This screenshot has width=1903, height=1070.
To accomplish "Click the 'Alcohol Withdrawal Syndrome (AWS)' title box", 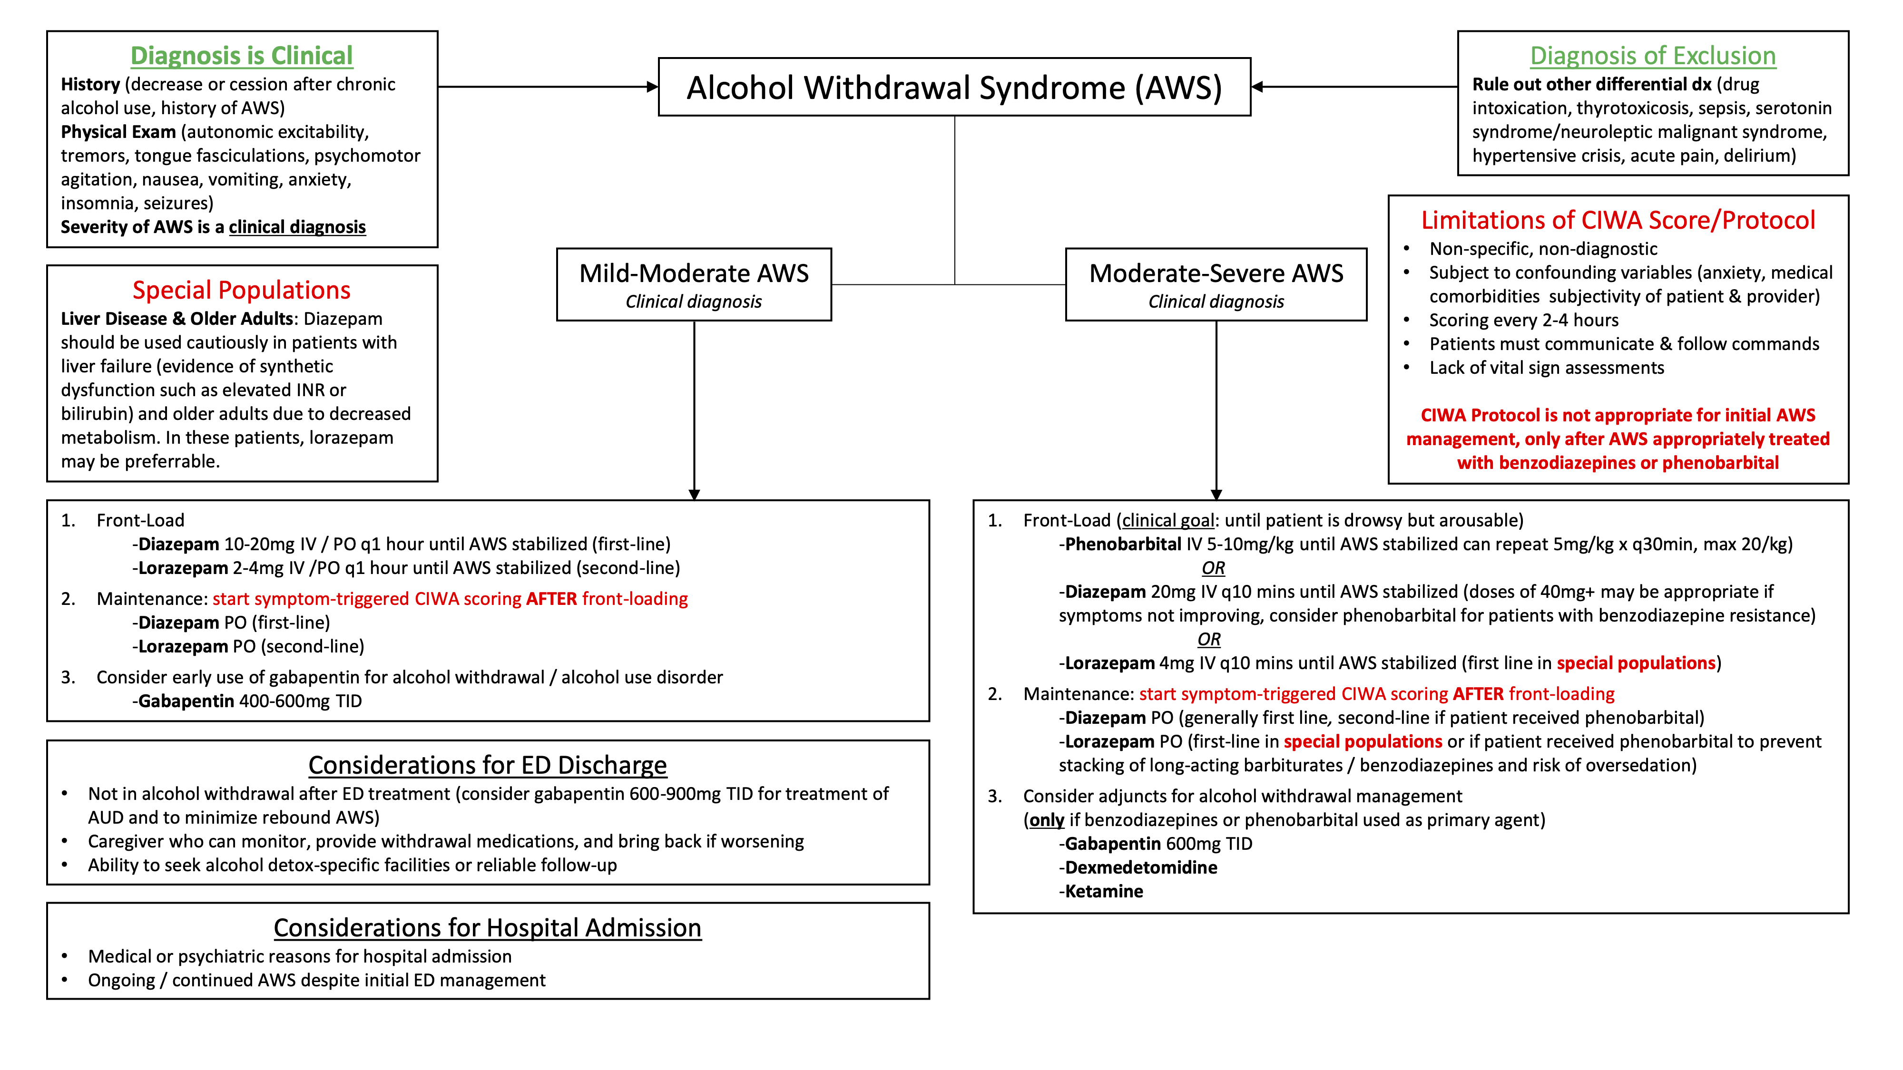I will [x=954, y=87].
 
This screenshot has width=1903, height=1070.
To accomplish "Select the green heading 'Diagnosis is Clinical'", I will [x=242, y=55].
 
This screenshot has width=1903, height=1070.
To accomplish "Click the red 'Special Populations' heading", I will [x=242, y=290].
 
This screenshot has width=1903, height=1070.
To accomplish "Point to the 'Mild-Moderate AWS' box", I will [x=694, y=284].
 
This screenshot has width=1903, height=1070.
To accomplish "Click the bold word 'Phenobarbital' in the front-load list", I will [x=1122, y=544].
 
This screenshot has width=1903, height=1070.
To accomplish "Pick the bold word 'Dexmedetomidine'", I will [x=1141, y=868].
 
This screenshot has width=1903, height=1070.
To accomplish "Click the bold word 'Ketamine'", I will [x=1104, y=891].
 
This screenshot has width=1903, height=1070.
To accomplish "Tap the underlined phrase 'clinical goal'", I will [x=1167, y=521].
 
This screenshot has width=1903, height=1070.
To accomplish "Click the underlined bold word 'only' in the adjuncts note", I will [x=1046, y=820].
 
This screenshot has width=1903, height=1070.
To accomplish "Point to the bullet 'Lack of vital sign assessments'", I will [x=1546, y=368].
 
